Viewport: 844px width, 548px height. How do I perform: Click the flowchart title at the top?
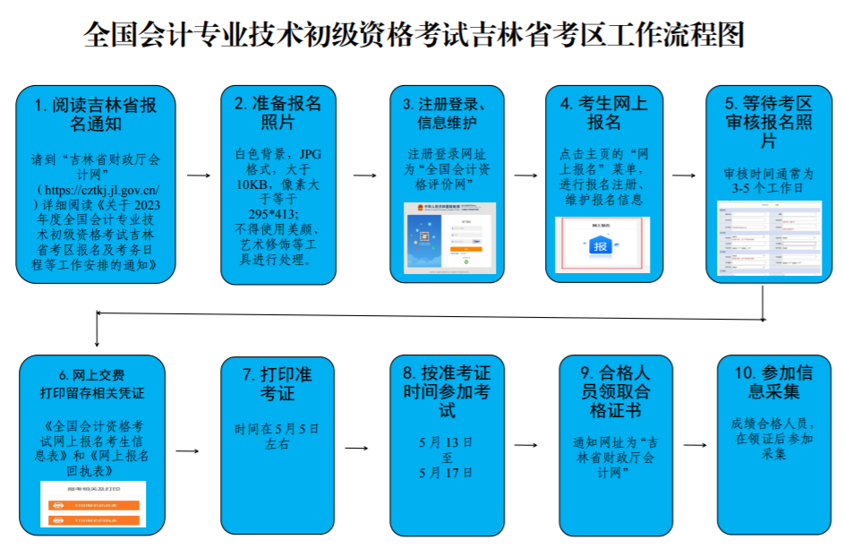(x=413, y=34)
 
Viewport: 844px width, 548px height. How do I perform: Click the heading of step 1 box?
(x=96, y=114)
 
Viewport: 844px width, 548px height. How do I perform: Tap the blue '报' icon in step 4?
(x=599, y=244)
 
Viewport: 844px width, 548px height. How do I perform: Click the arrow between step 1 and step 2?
(x=199, y=176)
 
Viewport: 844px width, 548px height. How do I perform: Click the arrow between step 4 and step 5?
(x=683, y=176)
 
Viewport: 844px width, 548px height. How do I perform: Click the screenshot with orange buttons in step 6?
(x=93, y=504)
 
